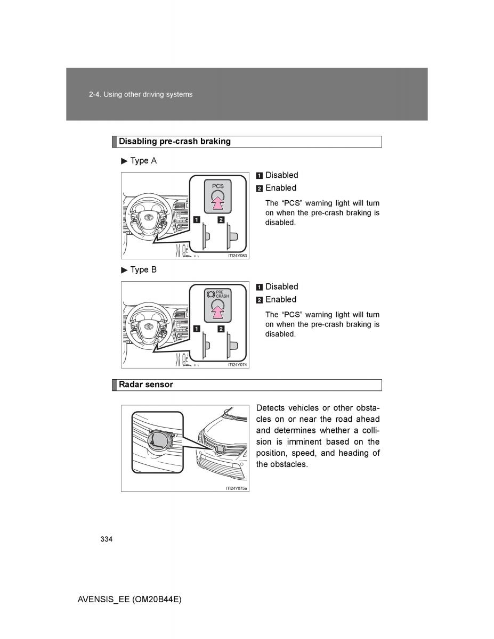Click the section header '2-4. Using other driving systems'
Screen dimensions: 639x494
141,94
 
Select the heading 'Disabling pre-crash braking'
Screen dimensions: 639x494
174,142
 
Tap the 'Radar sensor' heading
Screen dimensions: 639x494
145,384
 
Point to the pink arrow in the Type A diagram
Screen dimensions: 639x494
217,202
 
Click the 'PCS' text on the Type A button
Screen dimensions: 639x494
218,186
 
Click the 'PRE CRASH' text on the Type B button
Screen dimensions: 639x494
222,294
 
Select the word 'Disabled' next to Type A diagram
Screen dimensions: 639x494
281,175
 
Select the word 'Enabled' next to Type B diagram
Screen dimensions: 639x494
281,300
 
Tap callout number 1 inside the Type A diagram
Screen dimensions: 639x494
197,219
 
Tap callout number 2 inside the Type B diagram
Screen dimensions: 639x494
221,329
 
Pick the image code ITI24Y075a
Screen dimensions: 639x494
236,488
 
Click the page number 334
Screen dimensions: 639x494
106,539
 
